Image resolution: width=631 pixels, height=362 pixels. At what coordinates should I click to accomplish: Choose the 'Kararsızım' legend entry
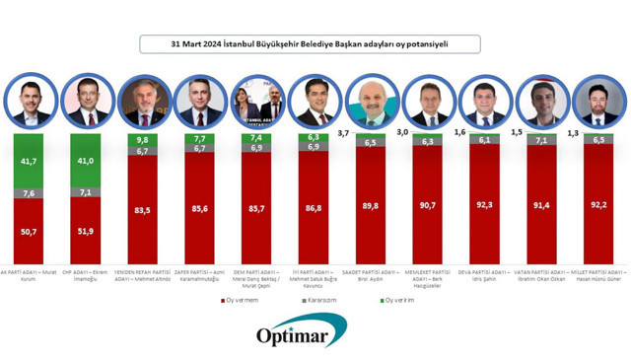[x=322, y=300]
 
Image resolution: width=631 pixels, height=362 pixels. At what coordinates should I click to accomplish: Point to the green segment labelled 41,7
[x=29, y=160]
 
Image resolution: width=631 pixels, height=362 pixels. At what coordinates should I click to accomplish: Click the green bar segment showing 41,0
[x=86, y=160]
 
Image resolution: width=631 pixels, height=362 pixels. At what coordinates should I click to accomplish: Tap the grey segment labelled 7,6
[x=29, y=193]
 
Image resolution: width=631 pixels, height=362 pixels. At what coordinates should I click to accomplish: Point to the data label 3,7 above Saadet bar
[x=344, y=132]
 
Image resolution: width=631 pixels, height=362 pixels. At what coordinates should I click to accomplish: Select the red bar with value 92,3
[x=484, y=204]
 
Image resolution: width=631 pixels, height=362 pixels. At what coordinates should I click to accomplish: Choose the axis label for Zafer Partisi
[x=199, y=275]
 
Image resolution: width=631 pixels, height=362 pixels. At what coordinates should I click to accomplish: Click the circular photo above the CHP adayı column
[x=87, y=101]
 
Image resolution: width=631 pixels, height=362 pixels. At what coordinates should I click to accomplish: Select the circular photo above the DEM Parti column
[x=256, y=101]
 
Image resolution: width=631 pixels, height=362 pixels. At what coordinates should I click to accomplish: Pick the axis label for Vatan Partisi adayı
[x=541, y=275]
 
